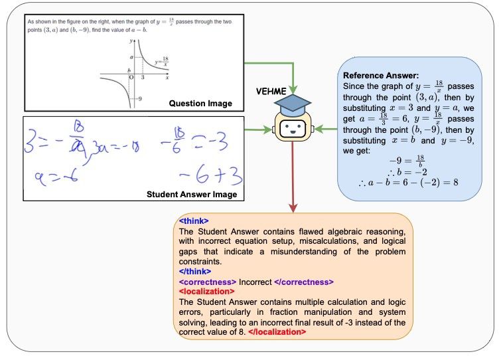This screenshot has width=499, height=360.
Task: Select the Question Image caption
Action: pyautogui.click(x=200, y=103)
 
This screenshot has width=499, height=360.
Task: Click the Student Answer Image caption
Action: pyautogui.click(x=190, y=194)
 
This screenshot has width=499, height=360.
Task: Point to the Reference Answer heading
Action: pyautogui.click(x=381, y=76)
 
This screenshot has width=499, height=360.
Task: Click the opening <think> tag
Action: pyautogui.click(x=194, y=221)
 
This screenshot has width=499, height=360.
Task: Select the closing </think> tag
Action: pyautogui.click(x=195, y=271)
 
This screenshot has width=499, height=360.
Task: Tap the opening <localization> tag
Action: pyautogui.click(x=206, y=291)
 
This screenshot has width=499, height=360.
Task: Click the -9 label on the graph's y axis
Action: pyautogui.click(x=139, y=99)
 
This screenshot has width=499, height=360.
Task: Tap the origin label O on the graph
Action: pyautogui.click(x=131, y=77)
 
